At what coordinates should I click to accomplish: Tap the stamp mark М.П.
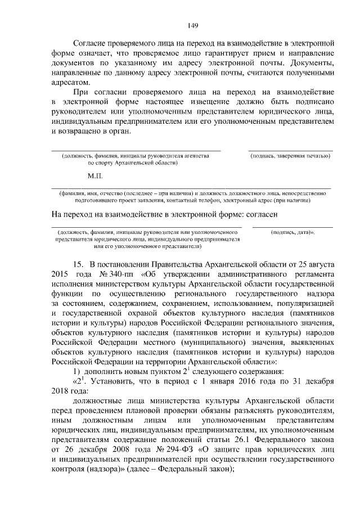click(x=94, y=176)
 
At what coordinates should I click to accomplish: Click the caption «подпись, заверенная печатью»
click(x=290, y=156)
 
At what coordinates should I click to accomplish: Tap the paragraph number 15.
click(x=78, y=263)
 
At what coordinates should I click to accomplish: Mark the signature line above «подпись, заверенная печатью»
click(x=291, y=150)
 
